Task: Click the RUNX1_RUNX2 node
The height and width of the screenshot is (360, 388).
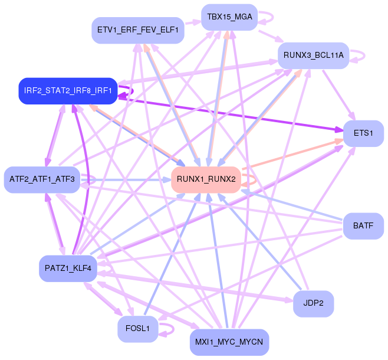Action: coord(206,179)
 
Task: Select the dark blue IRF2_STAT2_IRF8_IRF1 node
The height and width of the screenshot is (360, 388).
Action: coord(67,90)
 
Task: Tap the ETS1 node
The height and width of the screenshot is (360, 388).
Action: coord(363,133)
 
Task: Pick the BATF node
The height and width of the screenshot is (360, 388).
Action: coord(363,226)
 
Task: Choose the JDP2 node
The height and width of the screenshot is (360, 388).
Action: coord(313,304)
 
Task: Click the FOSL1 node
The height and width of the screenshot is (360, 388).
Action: coord(137,328)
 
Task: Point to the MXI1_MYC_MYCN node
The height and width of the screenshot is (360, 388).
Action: coord(229,342)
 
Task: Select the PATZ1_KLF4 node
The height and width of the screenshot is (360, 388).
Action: coord(67,269)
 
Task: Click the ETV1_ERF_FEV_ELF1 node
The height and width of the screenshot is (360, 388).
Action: coord(138,30)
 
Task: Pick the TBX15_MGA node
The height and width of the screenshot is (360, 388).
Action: coord(229,17)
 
